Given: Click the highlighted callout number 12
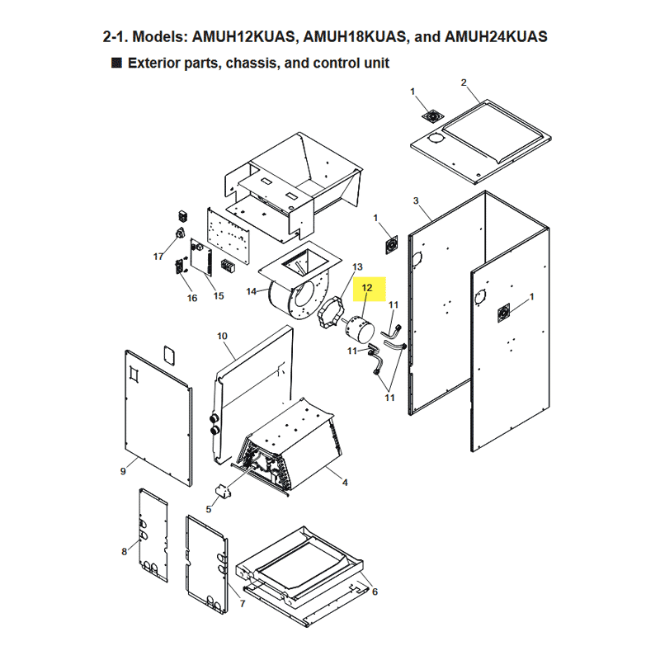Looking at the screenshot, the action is coord(367,288).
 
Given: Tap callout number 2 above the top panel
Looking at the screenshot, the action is coord(464,82).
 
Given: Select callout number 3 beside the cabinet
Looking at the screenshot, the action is coord(416,200).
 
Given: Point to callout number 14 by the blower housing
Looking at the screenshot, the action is coord(252,291).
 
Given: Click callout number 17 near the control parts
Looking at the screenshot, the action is coord(158,257).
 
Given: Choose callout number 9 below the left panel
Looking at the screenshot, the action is coord(123,471).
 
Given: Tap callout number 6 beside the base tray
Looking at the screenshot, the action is coord(375,592).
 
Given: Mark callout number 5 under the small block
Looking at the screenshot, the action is coord(209,509).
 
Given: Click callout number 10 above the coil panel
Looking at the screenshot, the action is coord(222,336).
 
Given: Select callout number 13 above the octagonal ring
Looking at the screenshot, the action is coord(357,266).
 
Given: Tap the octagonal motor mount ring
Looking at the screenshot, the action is coord(331,313).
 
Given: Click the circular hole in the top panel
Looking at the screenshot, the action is coord(436,139).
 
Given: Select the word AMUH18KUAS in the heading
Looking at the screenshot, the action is coord(355,36).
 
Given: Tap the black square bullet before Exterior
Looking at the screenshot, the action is coord(116,63).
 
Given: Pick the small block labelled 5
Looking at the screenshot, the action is coord(223,491).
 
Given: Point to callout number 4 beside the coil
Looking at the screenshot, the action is coord(345,483).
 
